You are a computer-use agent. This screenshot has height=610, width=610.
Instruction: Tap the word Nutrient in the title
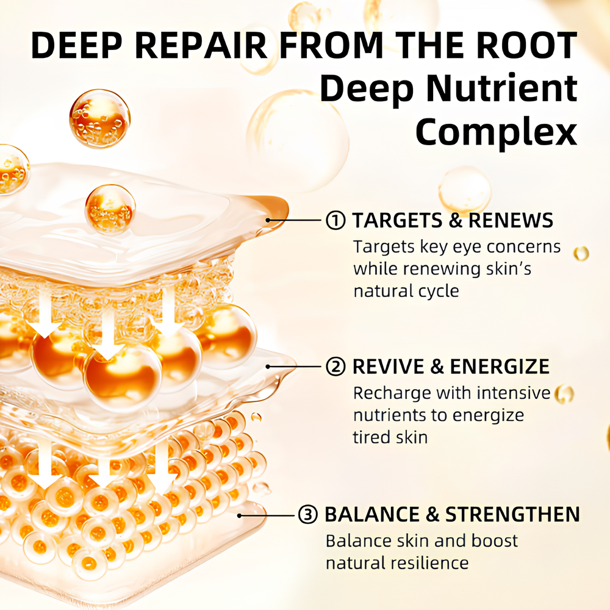502,88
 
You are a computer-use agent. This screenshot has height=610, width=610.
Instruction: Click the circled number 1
335,220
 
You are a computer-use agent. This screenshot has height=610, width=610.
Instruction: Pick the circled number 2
335,367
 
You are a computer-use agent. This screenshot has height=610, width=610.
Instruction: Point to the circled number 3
307,514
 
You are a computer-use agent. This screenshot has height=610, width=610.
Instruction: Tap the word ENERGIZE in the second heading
500,367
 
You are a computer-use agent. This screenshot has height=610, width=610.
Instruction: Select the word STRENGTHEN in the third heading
512,514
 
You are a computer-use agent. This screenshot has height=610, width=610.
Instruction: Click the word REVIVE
388,367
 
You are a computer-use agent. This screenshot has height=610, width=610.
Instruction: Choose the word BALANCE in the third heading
372,514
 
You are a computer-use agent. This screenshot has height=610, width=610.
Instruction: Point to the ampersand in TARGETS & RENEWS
455,220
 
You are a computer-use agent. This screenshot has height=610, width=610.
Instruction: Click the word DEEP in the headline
77,46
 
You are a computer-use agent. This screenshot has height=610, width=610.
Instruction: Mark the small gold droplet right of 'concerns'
581,254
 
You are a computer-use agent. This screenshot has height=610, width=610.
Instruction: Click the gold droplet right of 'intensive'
564,394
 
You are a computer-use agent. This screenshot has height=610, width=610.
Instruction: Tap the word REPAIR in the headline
201,46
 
